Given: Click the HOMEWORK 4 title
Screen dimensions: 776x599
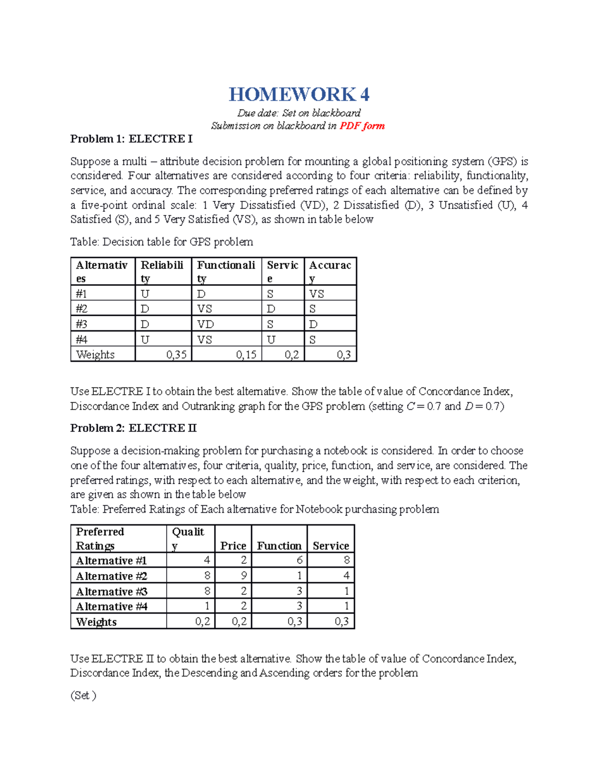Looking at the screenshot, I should [299, 94].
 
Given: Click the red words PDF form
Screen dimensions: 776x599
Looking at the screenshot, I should [362, 126].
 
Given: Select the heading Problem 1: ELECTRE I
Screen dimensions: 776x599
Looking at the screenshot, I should [131, 139].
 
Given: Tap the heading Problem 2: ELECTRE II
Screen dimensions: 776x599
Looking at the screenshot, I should [133, 428].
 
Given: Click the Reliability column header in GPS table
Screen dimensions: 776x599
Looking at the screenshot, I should [162, 271].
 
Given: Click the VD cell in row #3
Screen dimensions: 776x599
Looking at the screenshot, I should [205, 324].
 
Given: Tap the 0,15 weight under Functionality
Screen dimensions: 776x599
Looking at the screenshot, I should [246, 355].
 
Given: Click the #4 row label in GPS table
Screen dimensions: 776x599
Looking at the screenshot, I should [81, 340].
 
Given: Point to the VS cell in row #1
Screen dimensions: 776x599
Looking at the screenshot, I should [316, 294].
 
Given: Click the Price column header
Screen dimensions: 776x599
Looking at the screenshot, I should [233, 546].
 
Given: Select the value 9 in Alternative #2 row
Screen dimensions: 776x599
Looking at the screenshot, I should [244, 576].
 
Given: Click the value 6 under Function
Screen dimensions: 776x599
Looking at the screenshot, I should [299, 561].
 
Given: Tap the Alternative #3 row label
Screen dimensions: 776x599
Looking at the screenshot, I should [111, 592].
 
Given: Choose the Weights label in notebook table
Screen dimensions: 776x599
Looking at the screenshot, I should [96, 622].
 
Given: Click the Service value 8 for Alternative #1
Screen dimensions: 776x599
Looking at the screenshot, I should [346, 561].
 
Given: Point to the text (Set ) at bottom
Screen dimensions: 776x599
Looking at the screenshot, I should [83, 696].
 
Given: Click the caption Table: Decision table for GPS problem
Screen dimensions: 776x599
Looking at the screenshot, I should [161, 242].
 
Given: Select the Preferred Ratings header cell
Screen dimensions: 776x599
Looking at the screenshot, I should [100, 539].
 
